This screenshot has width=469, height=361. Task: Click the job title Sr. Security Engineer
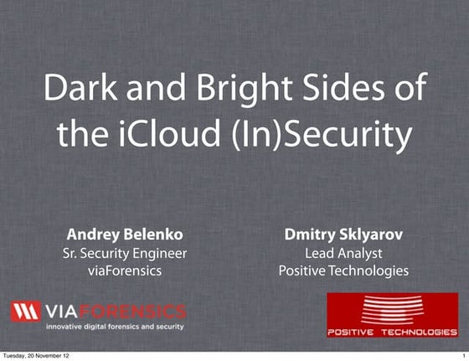click(126, 253)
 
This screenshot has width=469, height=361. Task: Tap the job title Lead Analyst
click(343, 253)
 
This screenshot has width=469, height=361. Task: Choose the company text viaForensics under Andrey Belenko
click(126, 271)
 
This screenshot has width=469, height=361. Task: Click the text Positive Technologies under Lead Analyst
click(343, 271)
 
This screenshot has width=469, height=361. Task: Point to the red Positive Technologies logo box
click(393, 316)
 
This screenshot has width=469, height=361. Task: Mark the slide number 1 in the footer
click(462, 356)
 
